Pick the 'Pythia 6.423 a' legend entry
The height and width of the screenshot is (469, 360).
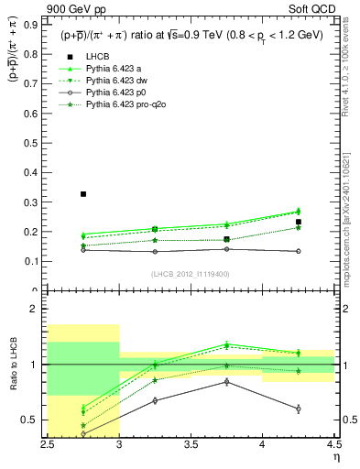(115, 69)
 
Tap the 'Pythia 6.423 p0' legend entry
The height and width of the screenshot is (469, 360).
(117, 93)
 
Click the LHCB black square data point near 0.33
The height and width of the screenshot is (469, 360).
(83, 194)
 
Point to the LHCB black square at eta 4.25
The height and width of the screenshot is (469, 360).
(299, 222)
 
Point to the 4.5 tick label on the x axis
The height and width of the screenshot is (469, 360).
(333, 445)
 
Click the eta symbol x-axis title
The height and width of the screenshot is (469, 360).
(335, 456)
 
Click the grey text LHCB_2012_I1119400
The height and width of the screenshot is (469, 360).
(191, 274)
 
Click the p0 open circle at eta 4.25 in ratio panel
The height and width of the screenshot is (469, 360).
(299, 409)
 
